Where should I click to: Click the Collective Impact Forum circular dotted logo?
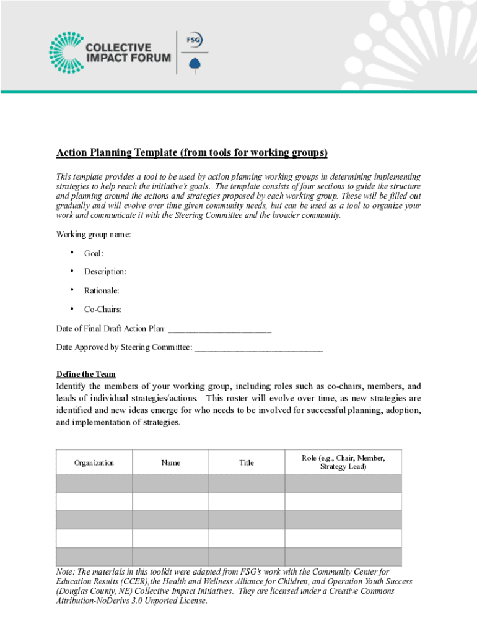tap(65, 52)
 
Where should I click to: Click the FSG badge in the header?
tap(195, 40)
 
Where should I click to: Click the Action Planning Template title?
tap(192, 153)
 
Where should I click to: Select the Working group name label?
tap(94, 235)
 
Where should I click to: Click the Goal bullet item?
tap(94, 253)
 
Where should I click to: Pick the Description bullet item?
tap(105, 272)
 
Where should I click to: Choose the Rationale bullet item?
tap(102, 290)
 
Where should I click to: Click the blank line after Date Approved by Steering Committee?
tap(258, 348)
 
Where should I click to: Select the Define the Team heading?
tap(85, 375)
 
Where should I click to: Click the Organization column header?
tap(94, 462)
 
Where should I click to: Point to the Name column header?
tap(170, 462)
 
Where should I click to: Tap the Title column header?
tap(247, 462)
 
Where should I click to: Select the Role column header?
tap(343, 462)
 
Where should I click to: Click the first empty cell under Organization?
tap(94, 483)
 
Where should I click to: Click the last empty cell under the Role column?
tap(343, 557)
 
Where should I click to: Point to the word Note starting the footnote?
tap(66, 572)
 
